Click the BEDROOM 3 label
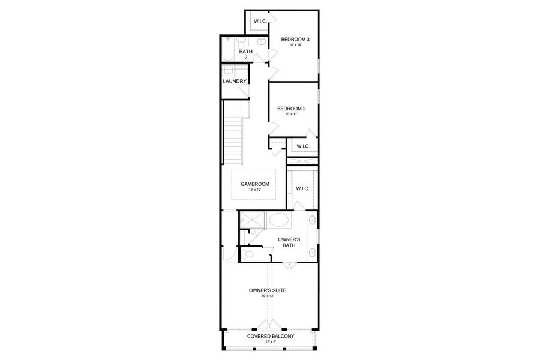click(x=296, y=40)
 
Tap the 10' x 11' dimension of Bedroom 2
click(x=291, y=114)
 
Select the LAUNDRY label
click(x=234, y=82)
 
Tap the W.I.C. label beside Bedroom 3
click(x=260, y=22)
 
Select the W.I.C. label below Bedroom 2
click(x=302, y=146)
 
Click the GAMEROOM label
click(x=255, y=184)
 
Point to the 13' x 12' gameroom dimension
click(x=255, y=190)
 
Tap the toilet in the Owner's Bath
click(x=248, y=254)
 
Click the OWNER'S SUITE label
click(x=268, y=290)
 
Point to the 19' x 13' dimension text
click(x=268, y=296)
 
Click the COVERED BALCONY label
click(x=271, y=337)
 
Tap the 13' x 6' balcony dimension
click(x=271, y=342)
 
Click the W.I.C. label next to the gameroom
click(x=302, y=188)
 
